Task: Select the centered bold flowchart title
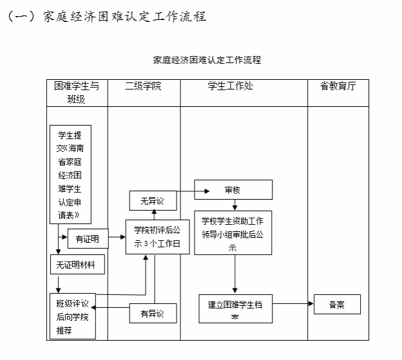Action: coord(207,60)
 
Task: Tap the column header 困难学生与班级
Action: coord(76,92)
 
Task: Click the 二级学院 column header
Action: coord(143,86)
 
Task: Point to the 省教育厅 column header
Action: coord(338,86)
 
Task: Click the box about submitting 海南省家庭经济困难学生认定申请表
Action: coord(70,175)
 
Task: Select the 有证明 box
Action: coord(88,239)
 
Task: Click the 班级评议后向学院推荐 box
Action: coord(72,316)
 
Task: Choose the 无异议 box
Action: coord(153,201)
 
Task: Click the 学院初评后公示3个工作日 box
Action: coord(157,236)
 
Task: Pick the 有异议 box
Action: coord(153,314)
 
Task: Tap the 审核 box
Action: coord(233,190)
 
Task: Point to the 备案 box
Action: coord(336,304)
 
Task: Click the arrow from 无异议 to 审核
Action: coord(193,191)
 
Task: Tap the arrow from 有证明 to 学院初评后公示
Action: coord(117,238)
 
